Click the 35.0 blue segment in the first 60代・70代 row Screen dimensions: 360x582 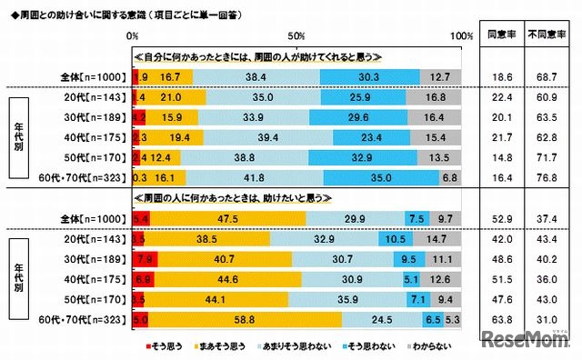[x=382, y=179]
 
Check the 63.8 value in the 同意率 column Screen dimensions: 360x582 [x=497, y=320]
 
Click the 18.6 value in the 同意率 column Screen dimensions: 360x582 [x=497, y=77]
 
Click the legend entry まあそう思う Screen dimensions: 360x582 [x=223, y=346]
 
